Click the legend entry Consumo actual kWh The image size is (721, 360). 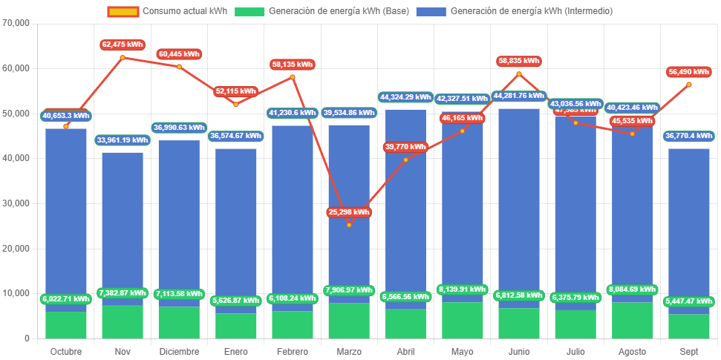(176, 11)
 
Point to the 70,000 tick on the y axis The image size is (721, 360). (16, 23)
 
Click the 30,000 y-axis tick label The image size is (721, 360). (16, 203)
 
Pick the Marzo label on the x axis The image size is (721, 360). (349, 351)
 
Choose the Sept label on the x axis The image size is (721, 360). (688, 351)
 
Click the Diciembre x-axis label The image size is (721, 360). (179, 351)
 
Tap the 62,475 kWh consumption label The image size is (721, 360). (123, 45)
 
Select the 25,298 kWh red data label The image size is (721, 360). (349, 212)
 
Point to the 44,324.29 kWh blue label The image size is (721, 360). (405, 97)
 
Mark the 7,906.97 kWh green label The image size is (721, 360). (349, 290)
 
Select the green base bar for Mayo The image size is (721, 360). (462, 320)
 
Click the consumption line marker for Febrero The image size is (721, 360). (293, 77)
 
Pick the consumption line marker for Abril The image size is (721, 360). (405, 160)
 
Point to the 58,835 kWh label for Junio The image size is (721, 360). (518, 62)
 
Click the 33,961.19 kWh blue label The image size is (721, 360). (123, 140)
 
